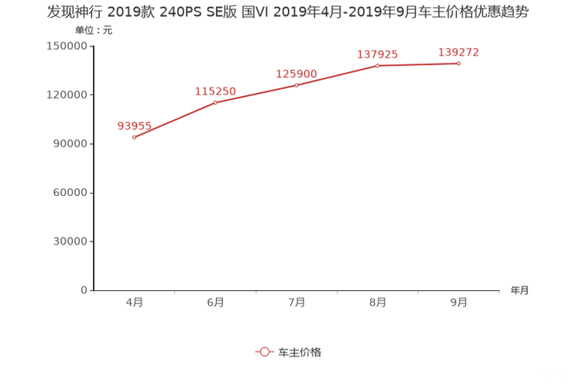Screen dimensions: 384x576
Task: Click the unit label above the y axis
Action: coord(94,31)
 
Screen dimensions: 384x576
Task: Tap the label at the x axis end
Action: coord(519,291)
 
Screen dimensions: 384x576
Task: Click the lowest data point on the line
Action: coord(134,137)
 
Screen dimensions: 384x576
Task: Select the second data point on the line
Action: coord(215,102)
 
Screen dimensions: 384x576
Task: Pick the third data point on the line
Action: coord(297,84)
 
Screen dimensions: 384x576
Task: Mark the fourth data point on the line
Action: coord(378,66)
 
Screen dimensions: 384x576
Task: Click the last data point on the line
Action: coord(458,63)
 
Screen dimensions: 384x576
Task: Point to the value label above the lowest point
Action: coord(134,126)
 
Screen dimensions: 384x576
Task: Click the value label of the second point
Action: coord(215,91)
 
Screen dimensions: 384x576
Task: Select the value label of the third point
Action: coord(297,74)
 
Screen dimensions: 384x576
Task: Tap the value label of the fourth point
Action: coord(378,54)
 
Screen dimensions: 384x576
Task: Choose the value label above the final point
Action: coord(458,52)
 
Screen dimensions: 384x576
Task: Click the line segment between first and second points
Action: coord(174,119)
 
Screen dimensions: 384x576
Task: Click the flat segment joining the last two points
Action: coord(418,65)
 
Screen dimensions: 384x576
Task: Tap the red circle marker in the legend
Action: coord(264,351)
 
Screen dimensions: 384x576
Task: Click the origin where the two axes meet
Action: coord(93,291)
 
